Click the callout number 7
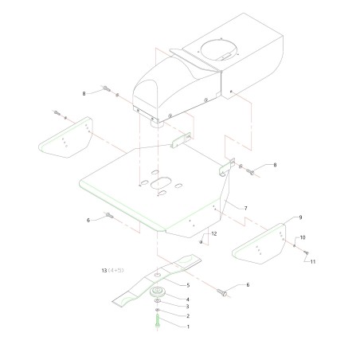click(245, 208)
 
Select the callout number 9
click(300, 217)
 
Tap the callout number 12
click(213, 233)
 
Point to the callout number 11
click(313, 262)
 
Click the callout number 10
click(302, 237)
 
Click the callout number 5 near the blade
click(187, 285)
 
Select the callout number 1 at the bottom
click(187, 327)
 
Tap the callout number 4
click(187, 299)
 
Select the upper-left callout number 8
click(84, 94)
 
